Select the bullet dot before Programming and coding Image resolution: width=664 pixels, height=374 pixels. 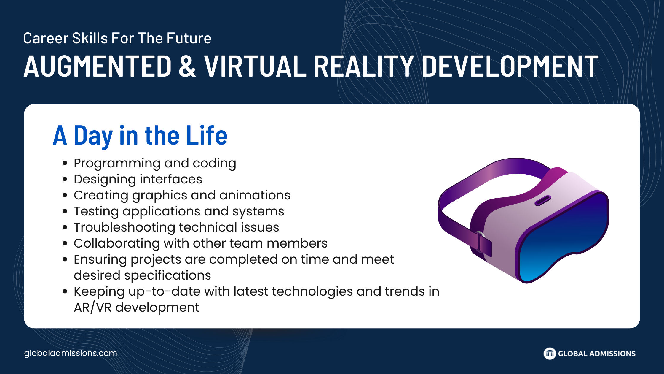[65, 163]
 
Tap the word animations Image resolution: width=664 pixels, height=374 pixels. [255, 195]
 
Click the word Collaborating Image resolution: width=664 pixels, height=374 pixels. [117, 244]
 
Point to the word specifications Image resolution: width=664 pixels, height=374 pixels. [167, 276]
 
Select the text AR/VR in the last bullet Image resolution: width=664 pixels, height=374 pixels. [92, 308]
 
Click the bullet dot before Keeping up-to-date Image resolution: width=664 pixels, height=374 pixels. [65, 291]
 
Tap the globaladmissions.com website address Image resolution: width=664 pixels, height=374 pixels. [71, 353]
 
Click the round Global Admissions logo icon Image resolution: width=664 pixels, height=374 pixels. [550, 354]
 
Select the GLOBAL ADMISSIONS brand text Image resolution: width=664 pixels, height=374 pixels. [597, 354]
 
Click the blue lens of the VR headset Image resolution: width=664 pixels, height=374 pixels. [563, 237]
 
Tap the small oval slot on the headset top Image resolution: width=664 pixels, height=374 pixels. [543, 200]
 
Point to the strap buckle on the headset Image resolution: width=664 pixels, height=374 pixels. [483, 243]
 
